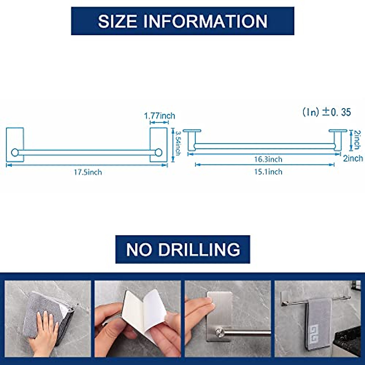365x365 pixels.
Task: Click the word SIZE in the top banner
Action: point(118,21)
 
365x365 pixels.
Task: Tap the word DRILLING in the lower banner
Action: point(199,249)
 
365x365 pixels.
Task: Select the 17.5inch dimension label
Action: point(88,172)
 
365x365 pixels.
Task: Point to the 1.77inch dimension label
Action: point(159,116)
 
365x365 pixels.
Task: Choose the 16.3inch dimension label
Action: point(268,159)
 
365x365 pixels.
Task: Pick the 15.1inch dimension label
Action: point(268,172)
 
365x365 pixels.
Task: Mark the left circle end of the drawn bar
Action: point(15,152)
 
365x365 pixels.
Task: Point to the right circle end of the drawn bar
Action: point(158,152)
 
